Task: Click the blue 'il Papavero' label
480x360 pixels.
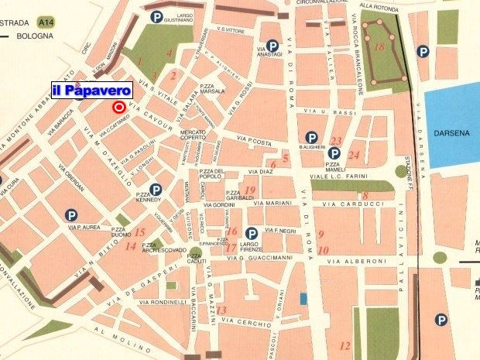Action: click(x=91, y=91)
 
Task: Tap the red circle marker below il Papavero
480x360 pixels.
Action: click(x=119, y=108)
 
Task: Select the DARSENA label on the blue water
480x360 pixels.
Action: click(x=451, y=132)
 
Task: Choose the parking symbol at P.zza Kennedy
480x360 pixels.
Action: click(x=156, y=190)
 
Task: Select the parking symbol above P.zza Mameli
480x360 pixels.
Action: click(x=334, y=153)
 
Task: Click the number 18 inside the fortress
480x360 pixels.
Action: click(x=379, y=47)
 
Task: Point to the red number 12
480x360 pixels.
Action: click(x=345, y=345)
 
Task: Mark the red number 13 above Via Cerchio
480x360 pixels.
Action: click(x=221, y=310)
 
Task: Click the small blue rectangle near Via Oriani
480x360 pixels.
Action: click(x=303, y=298)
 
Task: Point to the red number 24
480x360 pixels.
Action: click(x=354, y=155)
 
